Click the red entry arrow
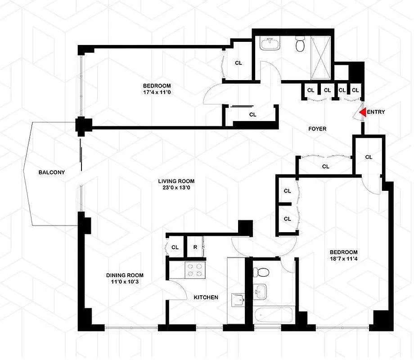point(362,112)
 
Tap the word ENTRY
point(376,112)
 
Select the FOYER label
point(317,129)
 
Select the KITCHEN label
point(206,297)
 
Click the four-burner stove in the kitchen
point(194,269)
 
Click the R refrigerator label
point(195,247)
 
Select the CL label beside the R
point(175,247)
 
